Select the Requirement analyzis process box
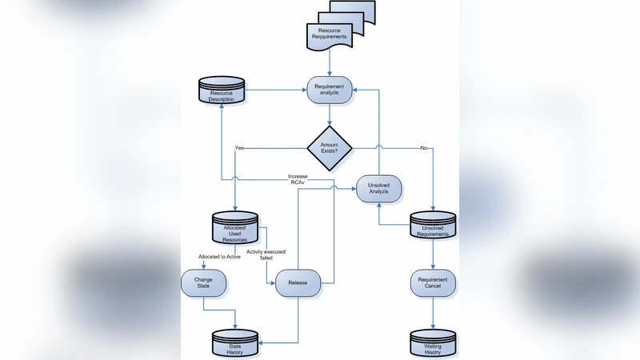click(x=330, y=90)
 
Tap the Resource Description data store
click(x=222, y=95)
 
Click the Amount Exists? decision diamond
click(x=330, y=146)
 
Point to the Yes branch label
click(x=239, y=148)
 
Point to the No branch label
click(x=423, y=148)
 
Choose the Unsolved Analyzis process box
click(x=378, y=188)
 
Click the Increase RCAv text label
click(x=298, y=178)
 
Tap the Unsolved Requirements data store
click(x=433, y=227)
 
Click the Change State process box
click(x=203, y=282)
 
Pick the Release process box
click(x=298, y=282)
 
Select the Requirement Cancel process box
click(x=433, y=282)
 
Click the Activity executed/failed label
click(x=271, y=255)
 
